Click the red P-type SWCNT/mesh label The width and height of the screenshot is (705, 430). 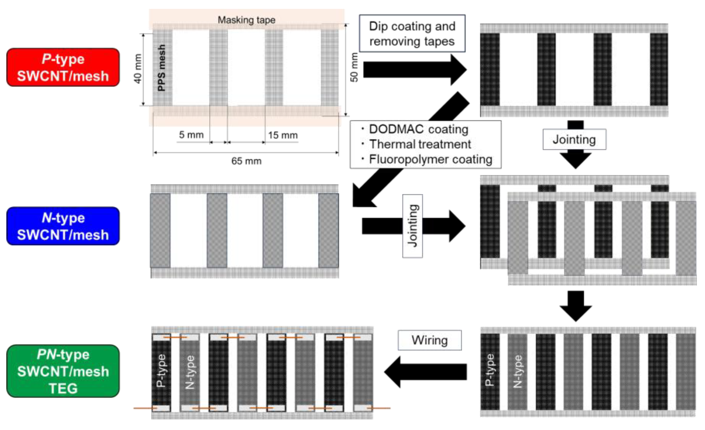pyautogui.click(x=63, y=67)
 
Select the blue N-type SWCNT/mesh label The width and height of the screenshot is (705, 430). pyautogui.click(x=63, y=226)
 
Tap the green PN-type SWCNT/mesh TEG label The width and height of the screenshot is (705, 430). pyautogui.click(x=63, y=371)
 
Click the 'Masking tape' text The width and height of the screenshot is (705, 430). pyautogui.click(x=246, y=20)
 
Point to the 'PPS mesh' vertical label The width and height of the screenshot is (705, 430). pyautogui.click(x=162, y=68)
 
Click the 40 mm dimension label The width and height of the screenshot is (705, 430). pyautogui.click(x=138, y=69)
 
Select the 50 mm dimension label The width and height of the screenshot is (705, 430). pyautogui.click(x=354, y=67)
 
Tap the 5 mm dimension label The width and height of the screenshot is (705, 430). pyautogui.click(x=191, y=135)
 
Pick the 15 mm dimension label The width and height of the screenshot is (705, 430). pyautogui.click(x=283, y=135)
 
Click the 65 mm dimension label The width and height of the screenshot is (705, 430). pyautogui.click(x=246, y=161)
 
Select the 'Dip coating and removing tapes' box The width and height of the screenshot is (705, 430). pyautogui.click(x=412, y=34)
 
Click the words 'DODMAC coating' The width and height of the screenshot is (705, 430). pyautogui.click(x=419, y=129)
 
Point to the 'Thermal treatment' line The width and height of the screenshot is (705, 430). pyautogui.click(x=420, y=144)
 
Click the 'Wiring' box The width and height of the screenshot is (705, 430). pyautogui.click(x=429, y=340)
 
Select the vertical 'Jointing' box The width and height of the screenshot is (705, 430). pyautogui.click(x=412, y=226)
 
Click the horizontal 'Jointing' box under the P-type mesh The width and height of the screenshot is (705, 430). pyautogui.click(x=574, y=140)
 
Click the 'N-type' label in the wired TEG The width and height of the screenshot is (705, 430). pyautogui.click(x=190, y=372)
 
